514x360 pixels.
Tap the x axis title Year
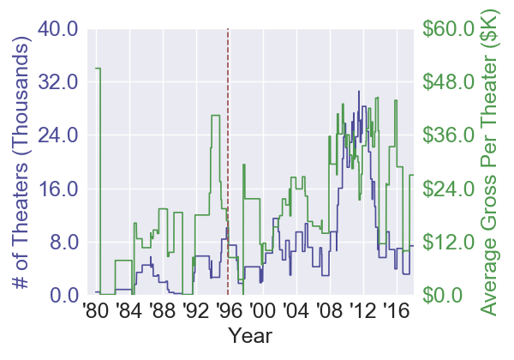tap(251, 335)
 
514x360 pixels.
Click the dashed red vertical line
tap(228, 129)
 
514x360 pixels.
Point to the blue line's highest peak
tap(359, 91)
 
